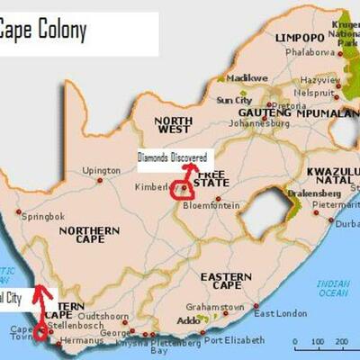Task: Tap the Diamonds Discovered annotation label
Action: [173, 157]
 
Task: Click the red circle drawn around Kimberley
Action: [183, 188]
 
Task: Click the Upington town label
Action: [101, 169]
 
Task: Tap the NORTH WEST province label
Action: [174, 125]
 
